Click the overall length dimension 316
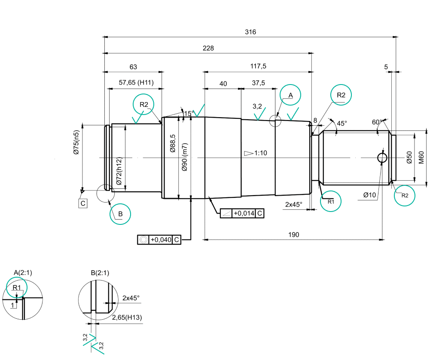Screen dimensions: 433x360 click(250, 32)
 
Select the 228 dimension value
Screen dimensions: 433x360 click(208, 48)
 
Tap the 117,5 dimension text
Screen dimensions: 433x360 click(258, 66)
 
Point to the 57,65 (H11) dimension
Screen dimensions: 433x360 click(136, 82)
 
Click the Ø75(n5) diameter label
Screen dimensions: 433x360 click(76, 142)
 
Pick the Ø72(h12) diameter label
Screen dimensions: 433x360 click(119, 171)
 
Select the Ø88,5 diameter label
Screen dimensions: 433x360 click(173, 143)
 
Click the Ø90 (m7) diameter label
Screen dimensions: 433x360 click(185, 157)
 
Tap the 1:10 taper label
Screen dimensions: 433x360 click(260, 153)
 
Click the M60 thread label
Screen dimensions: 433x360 click(421, 157)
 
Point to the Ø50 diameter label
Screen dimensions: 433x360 click(409, 157)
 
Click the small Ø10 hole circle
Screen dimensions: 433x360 click(382, 158)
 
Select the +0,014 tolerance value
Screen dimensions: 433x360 click(244, 213)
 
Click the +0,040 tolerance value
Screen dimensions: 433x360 click(161, 240)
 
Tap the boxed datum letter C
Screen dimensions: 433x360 click(83, 203)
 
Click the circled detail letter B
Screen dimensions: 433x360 click(120, 214)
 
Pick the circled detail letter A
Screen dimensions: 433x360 click(290, 95)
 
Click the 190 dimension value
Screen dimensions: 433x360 click(293, 235)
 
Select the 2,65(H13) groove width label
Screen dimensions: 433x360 click(127, 318)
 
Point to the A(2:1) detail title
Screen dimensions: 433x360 click(23, 273)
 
